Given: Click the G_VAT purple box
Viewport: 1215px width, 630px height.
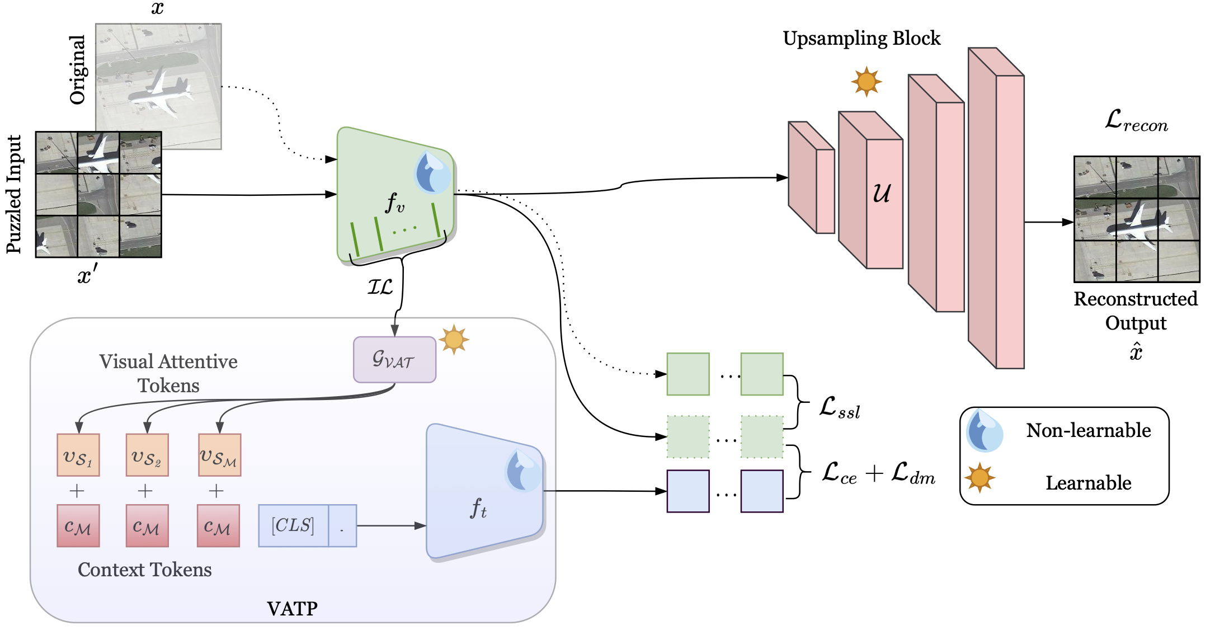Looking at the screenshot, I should point(394,360).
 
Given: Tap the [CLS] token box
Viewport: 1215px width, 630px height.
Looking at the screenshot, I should point(293,525).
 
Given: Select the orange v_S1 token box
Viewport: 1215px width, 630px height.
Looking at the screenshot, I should point(78,455).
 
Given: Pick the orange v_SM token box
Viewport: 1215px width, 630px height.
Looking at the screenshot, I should point(219,455).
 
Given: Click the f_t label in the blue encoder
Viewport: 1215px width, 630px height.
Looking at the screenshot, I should point(478,508).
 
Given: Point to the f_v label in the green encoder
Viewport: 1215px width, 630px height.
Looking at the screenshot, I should point(394,203).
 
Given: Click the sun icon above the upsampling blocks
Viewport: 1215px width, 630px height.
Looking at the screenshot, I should point(866,82).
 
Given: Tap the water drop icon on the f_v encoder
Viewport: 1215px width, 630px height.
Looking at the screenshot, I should point(432,172).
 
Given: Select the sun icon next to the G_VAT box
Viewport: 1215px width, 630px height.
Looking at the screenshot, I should point(454,339).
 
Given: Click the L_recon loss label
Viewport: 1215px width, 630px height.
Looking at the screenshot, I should point(1136,120).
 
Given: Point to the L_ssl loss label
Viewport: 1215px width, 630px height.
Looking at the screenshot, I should point(839,408).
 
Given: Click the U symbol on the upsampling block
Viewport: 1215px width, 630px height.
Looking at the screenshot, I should point(882,194).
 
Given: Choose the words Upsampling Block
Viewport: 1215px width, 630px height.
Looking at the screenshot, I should point(861,38).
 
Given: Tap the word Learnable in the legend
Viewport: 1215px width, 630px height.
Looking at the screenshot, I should point(1088,482).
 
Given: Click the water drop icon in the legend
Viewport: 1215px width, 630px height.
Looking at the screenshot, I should point(984,431).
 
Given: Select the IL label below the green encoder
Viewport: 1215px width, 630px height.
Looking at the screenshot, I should point(380,287).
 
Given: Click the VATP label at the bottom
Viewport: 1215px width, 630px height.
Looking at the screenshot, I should point(292,608).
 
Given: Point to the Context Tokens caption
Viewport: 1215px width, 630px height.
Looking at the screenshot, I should point(144,570).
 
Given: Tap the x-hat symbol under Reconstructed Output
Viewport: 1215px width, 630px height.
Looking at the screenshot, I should point(1136,352).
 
